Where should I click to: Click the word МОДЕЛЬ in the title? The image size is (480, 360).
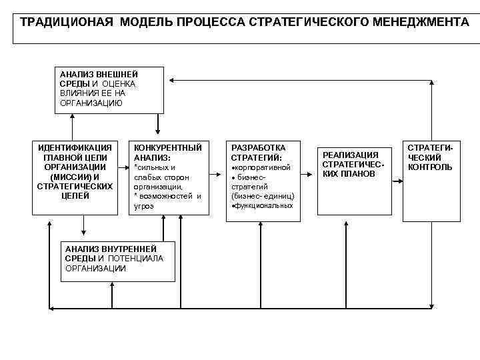tap(145, 22)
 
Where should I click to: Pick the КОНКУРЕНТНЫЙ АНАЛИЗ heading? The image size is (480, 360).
tap(167, 151)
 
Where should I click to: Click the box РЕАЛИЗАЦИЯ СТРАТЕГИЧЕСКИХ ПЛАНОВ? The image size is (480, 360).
tap(353, 164)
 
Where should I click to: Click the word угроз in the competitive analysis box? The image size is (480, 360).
tap(144, 206)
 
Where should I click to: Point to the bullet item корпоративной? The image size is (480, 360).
tap(262, 167)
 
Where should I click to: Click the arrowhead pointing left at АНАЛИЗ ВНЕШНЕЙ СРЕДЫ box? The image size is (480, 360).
tap(171, 80)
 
